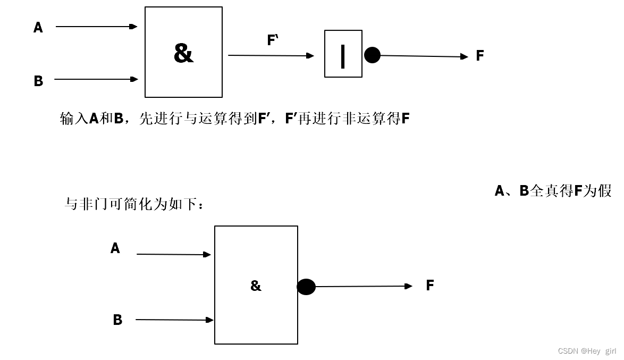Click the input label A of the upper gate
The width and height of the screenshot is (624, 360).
pyautogui.click(x=38, y=27)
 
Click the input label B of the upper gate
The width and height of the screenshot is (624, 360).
pyautogui.click(x=38, y=81)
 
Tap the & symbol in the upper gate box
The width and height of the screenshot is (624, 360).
pyautogui.click(x=183, y=53)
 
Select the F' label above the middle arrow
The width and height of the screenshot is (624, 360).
pyautogui.click(x=273, y=40)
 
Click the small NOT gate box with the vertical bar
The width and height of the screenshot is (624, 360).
pyautogui.click(x=343, y=54)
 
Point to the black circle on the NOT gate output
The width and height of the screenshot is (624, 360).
pyautogui.click(x=372, y=55)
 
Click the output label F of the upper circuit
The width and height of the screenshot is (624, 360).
pyautogui.click(x=479, y=55)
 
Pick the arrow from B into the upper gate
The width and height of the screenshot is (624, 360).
pyautogui.click(x=96, y=79)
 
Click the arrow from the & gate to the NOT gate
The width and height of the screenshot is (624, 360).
pyautogui.click(x=271, y=55)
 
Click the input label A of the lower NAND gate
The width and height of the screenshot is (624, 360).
pyautogui.click(x=115, y=248)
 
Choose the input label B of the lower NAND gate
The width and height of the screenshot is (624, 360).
pyautogui.click(x=117, y=320)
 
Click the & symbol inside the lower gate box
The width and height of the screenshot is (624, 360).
pyautogui.click(x=256, y=286)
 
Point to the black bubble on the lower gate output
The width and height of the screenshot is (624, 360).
pyautogui.click(x=306, y=287)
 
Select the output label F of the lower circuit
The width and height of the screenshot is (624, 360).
pyautogui.click(x=430, y=286)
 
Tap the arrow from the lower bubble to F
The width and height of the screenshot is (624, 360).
pyautogui.click(x=364, y=286)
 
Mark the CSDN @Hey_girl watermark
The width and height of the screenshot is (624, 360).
pyautogui.click(x=587, y=351)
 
